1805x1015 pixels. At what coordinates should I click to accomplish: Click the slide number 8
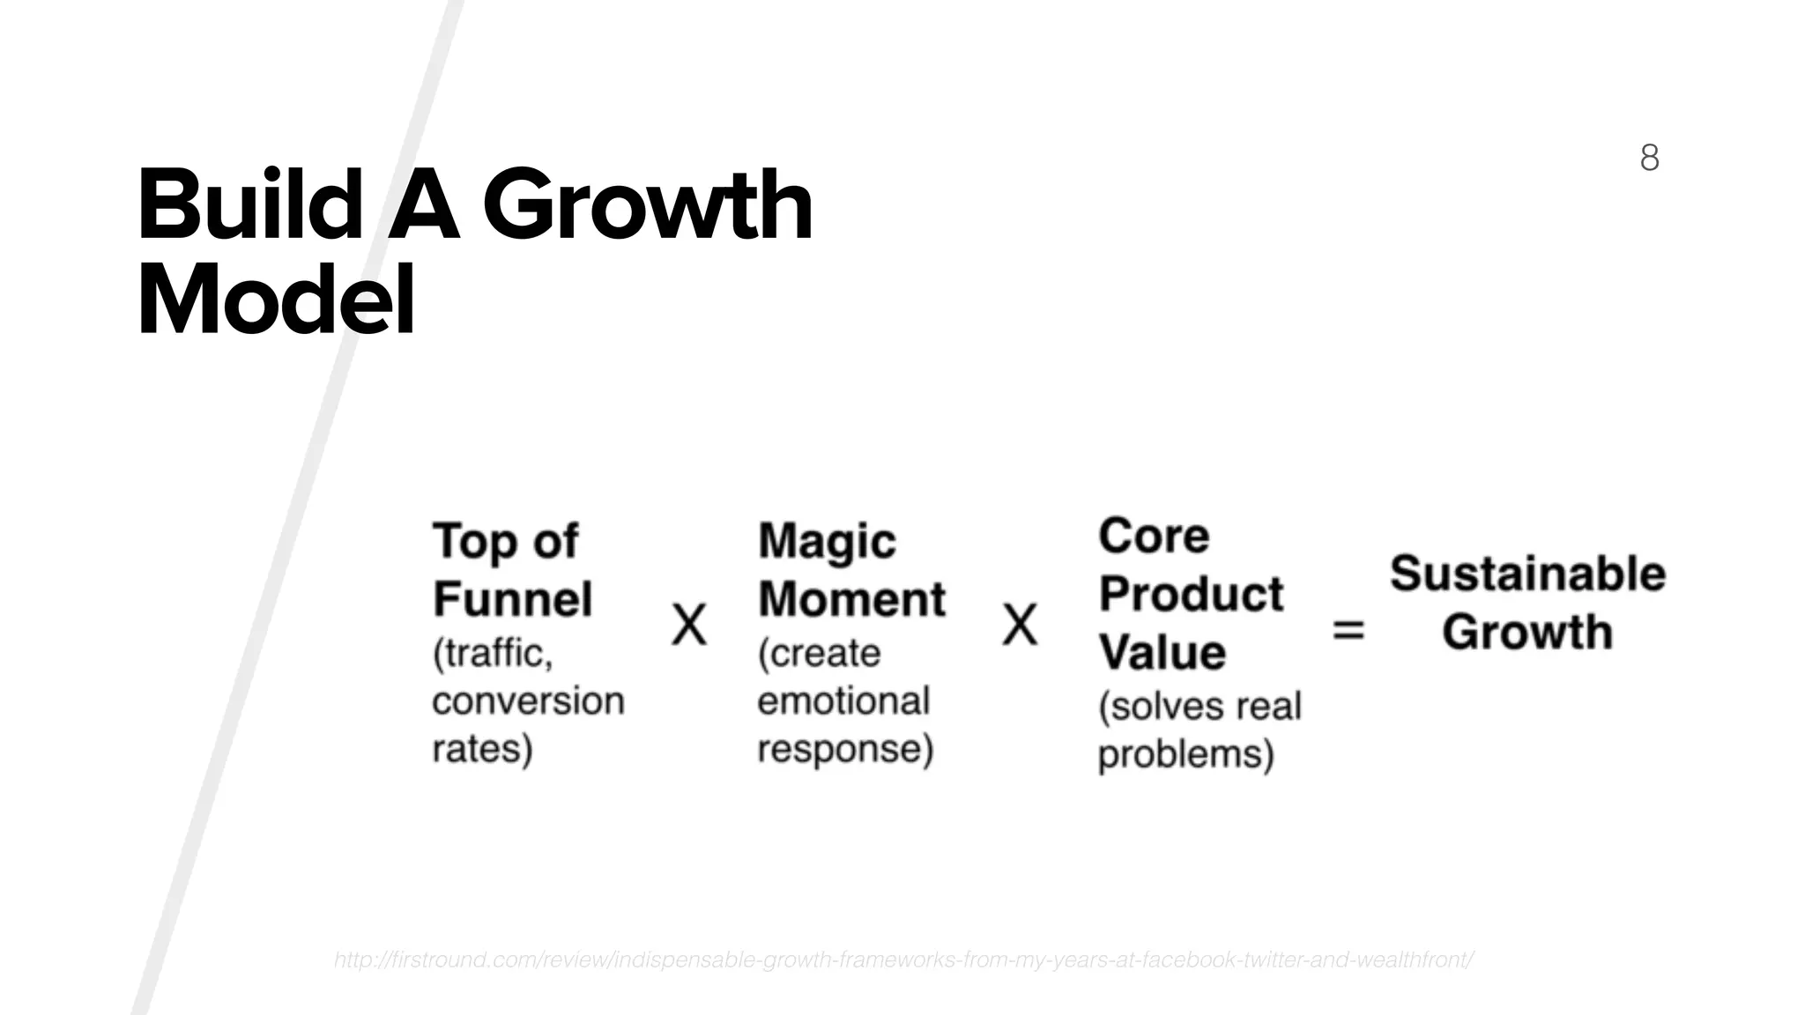(x=1649, y=158)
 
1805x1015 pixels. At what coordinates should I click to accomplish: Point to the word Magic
(x=827, y=541)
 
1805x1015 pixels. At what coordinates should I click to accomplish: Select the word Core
(x=1154, y=536)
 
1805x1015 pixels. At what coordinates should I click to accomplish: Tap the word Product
(x=1191, y=594)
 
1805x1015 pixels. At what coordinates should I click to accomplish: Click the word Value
(x=1162, y=652)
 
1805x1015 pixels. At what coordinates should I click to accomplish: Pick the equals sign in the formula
(x=1348, y=630)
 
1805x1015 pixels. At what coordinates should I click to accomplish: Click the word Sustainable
(x=1527, y=574)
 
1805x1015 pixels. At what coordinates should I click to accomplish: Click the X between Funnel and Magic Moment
(x=689, y=626)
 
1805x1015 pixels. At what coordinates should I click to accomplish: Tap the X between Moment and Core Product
(x=1020, y=626)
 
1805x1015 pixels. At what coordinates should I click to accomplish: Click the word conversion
(x=528, y=701)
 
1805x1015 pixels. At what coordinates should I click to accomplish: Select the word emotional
(x=843, y=701)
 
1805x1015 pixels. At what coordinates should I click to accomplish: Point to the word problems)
(x=1185, y=754)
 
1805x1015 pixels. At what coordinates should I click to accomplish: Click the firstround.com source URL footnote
(x=902, y=959)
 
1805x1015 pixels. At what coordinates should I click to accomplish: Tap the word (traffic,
(x=492, y=654)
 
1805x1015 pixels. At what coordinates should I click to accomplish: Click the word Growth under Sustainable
(x=1527, y=632)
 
